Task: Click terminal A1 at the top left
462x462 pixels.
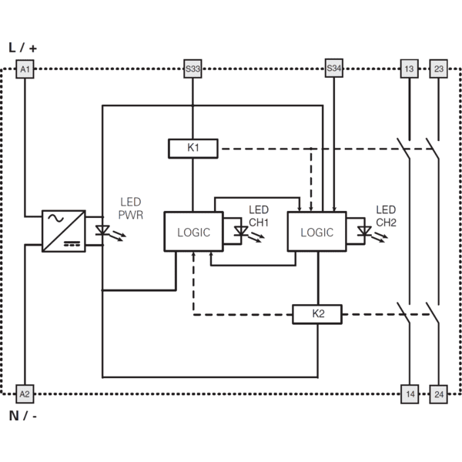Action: click(x=25, y=69)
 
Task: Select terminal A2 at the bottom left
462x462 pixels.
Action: click(x=25, y=394)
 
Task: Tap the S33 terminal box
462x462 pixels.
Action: click(x=192, y=69)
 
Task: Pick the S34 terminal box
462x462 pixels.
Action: click(x=334, y=69)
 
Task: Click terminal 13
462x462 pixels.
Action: click(x=410, y=69)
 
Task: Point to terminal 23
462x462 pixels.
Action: click(x=438, y=69)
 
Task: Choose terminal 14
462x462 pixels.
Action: click(x=410, y=394)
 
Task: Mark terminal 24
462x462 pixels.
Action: click(x=438, y=394)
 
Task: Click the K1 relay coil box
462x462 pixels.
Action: click(x=193, y=149)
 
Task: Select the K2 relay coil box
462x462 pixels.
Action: click(x=317, y=314)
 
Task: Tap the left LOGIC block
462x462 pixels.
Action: click(x=193, y=232)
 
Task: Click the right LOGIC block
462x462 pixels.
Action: click(x=316, y=232)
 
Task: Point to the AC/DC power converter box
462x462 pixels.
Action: click(x=64, y=231)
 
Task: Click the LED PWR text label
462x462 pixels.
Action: click(x=131, y=209)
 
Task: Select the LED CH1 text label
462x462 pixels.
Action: click(x=259, y=216)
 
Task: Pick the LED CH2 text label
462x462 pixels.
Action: click(x=386, y=216)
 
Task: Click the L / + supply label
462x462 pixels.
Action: click(x=23, y=48)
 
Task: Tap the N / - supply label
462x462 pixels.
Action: click(x=23, y=416)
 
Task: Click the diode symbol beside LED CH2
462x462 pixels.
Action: click(x=364, y=231)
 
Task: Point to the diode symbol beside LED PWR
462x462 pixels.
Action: click(x=102, y=230)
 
